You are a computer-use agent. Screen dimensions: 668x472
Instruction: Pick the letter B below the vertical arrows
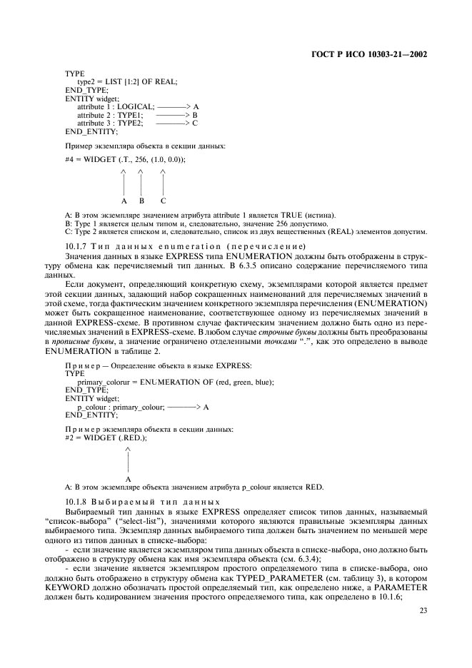tap(141, 200)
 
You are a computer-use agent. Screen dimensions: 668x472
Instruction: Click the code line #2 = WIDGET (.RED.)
tap(106, 437)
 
